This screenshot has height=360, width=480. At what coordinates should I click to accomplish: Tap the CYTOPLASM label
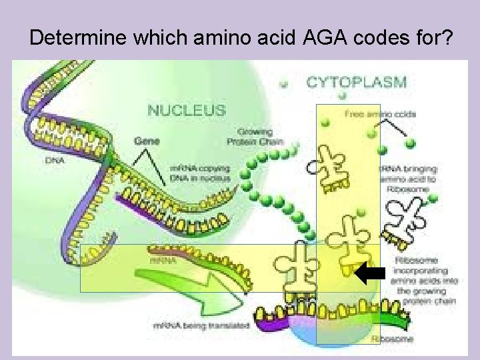point(356,83)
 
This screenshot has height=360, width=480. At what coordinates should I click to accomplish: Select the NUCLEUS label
point(186,109)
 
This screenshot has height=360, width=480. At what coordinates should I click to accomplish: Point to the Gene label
point(147,141)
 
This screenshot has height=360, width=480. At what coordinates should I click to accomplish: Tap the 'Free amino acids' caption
point(380,114)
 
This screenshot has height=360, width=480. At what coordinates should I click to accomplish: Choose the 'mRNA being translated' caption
point(201,325)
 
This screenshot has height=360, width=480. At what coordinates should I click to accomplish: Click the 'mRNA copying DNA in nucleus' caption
point(200,173)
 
